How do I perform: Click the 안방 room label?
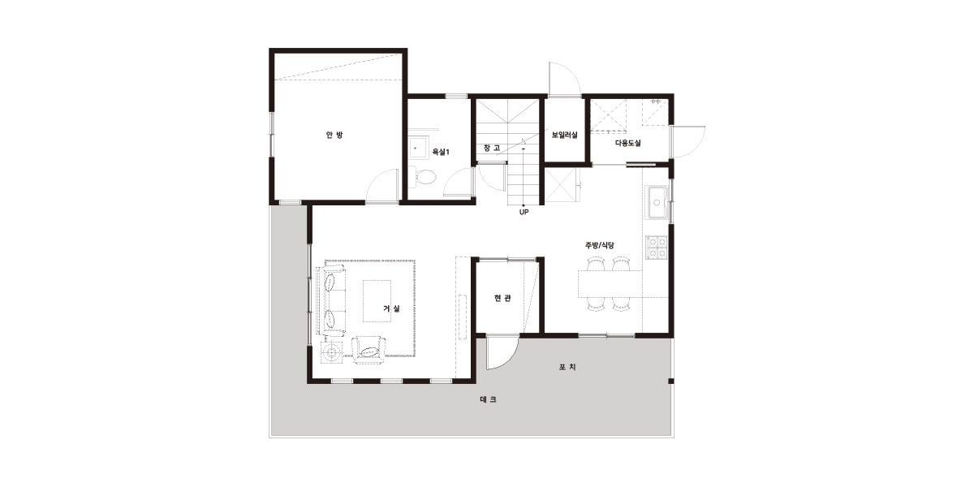tap(334, 135)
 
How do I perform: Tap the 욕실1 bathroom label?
tap(441, 152)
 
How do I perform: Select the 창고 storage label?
tap(492, 148)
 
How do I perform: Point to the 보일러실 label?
tap(564, 135)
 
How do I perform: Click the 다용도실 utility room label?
tap(628, 143)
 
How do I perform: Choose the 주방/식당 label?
tap(600, 245)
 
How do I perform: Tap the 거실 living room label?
tap(391, 308)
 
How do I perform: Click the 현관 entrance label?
tap(502, 298)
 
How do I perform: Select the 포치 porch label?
tap(567, 367)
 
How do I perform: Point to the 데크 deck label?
tap(489, 399)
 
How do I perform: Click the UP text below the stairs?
tap(524, 212)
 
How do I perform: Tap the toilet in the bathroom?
tap(422, 178)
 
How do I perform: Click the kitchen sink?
tap(657, 203)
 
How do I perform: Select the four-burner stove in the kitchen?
tap(657, 248)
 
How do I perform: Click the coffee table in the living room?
tap(377, 301)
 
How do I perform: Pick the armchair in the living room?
tap(368, 350)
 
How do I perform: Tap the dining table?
tap(610, 284)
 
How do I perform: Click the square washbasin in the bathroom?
tap(419, 148)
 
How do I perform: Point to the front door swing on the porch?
tap(502, 352)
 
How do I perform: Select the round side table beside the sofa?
tap(333, 351)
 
